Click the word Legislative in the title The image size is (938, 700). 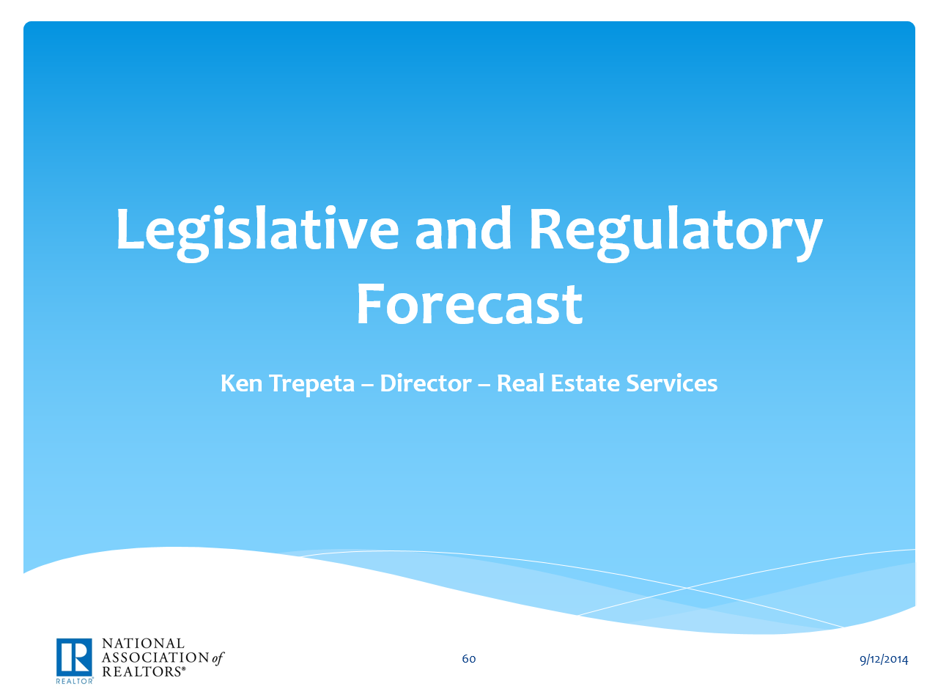(257, 229)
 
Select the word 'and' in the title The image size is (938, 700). (463, 229)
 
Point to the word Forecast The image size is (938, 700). (469, 304)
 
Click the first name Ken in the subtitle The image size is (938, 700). (241, 383)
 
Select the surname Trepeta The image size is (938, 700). (312, 384)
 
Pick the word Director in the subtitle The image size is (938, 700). (426, 383)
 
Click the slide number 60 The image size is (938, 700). (469, 659)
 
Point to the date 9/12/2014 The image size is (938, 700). (884, 659)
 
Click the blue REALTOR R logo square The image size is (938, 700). (74, 657)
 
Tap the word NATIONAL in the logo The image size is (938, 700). (143, 644)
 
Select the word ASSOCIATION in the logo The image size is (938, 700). (155, 657)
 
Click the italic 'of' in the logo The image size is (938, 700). (218, 657)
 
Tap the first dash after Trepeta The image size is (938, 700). (367, 384)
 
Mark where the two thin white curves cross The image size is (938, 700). (687, 587)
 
